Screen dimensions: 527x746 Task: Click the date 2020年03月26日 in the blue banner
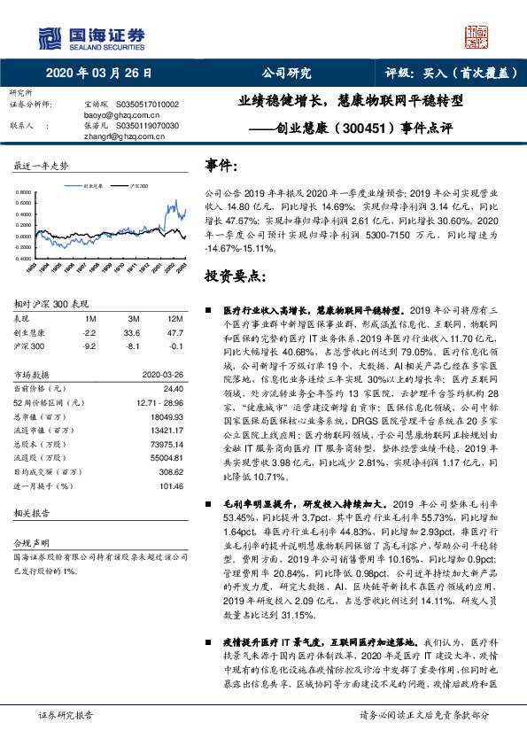[98, 74]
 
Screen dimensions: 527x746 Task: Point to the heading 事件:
[221, 166]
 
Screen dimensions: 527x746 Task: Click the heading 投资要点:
[235, 276]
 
